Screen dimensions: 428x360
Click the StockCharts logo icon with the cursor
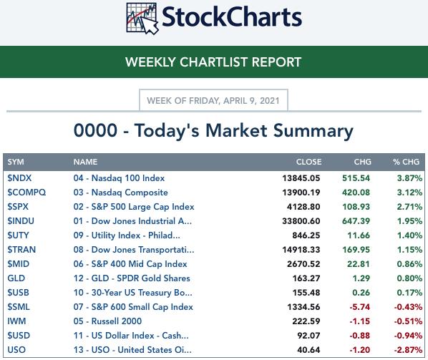pos(142,19)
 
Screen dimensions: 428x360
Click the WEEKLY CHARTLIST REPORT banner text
pos(213,62)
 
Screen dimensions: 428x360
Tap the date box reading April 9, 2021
pos(213,100)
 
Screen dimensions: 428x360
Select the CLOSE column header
pos(308,162)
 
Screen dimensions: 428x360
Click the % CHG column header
pos(406,162)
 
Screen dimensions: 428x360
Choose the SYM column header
pos(16,162)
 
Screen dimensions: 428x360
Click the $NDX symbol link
pos(19,178)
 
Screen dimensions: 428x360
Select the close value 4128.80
pos(303,207)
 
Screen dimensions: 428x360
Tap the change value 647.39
pos(356,221)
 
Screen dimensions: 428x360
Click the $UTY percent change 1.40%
pos(409,235)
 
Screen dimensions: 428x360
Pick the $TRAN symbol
pos(21,250)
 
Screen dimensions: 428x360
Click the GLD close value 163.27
pos(306,278)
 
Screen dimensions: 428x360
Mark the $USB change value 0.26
pos(361,293)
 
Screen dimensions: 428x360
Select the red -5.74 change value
pos(360,307)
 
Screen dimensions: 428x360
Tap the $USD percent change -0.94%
pos(409,336)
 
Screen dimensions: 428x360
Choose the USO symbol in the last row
pos(16,350)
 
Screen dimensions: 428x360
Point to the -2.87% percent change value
pos(409,350)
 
